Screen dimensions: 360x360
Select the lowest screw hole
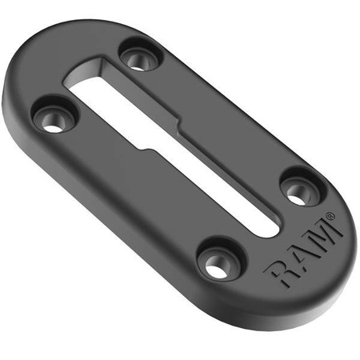pos(218,262)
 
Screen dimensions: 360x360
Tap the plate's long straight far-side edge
pos(240,104)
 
